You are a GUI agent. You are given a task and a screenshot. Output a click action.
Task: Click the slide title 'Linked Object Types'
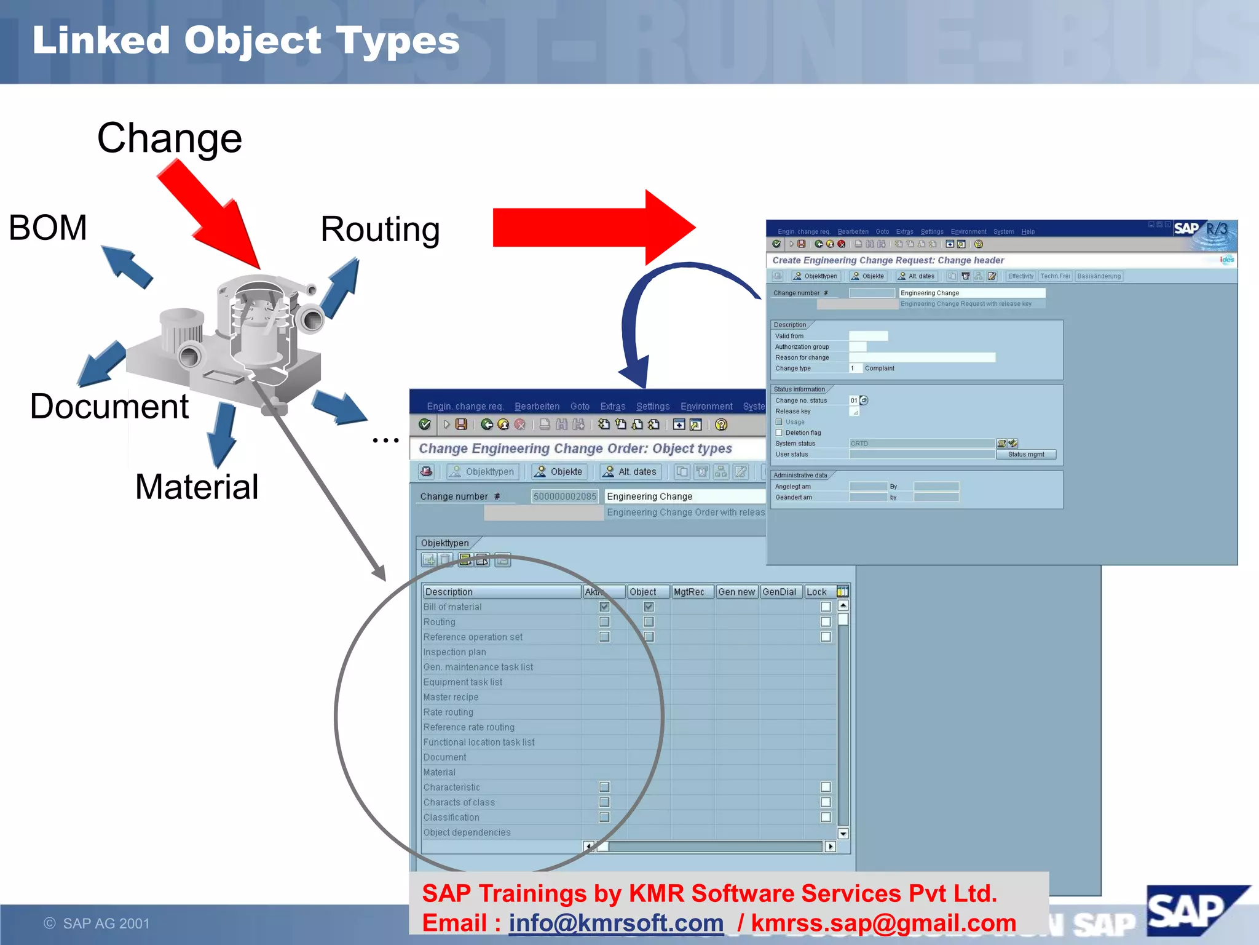246,41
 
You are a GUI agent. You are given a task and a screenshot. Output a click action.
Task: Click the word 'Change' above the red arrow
170,138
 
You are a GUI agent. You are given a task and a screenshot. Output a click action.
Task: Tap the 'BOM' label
48,228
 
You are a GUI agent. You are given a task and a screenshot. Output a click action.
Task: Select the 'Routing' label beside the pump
380,229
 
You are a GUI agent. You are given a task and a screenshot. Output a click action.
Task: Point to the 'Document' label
109,407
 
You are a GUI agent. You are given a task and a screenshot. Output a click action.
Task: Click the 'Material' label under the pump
197,487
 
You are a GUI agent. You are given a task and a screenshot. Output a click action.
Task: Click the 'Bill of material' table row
452,607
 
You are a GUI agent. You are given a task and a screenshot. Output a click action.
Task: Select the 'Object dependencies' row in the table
467,832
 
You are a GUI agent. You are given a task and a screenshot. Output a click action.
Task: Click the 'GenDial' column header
779,592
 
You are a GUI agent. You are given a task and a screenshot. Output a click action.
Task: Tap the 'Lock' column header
816,592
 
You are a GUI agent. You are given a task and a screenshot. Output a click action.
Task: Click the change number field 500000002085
564,496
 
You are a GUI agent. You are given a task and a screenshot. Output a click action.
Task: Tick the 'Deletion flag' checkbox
779,433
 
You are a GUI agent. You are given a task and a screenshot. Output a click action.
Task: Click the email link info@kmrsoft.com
616,923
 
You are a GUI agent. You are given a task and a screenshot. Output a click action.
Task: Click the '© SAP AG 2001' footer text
97,923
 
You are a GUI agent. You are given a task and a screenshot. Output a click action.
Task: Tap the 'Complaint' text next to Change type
879,369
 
